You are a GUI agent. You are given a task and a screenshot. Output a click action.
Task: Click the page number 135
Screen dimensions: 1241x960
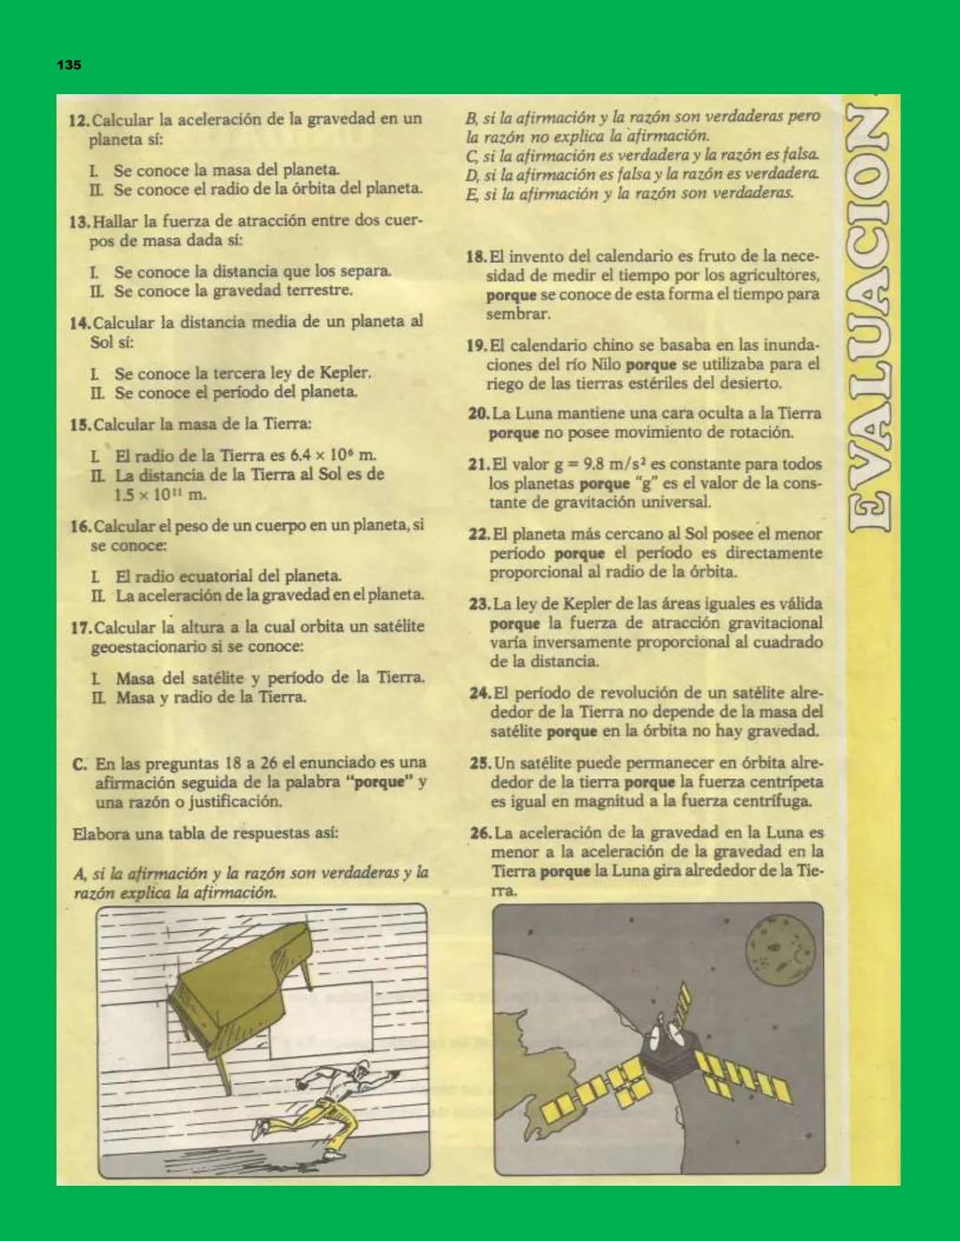69,65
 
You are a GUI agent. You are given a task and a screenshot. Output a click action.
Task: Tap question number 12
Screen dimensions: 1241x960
78,120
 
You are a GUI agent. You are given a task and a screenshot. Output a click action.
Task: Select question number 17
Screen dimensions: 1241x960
80,628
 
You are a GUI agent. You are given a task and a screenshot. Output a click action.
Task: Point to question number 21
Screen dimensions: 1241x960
477,465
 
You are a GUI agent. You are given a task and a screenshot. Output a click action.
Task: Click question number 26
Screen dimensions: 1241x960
480,833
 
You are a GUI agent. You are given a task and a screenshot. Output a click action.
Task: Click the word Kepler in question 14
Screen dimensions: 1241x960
343,373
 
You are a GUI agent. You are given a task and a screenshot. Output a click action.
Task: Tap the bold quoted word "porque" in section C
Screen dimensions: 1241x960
379,783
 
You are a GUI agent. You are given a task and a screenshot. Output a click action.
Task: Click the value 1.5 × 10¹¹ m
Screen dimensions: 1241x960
160,495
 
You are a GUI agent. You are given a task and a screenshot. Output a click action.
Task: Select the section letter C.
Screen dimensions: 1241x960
80,764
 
